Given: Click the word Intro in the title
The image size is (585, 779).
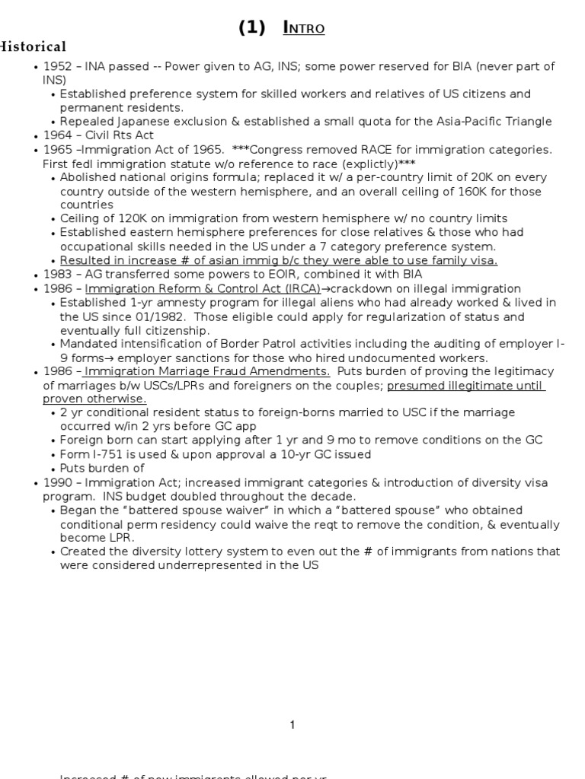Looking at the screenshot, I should (304, 28).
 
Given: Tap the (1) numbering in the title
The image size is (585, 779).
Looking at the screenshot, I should (252, 28).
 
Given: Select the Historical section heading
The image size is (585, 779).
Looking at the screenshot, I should (34, 47).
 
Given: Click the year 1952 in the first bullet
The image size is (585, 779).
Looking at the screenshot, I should (58, 67).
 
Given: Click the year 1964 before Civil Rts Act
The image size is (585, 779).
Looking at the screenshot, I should (58, 135).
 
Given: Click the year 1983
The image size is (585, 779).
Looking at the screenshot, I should (58, 274).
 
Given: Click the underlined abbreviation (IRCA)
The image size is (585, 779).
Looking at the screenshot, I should (280, 288).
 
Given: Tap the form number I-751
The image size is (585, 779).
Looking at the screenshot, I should (107, 454).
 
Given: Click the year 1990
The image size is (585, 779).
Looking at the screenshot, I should (58, 483).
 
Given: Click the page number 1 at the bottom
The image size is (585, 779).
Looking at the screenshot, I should (292, 725).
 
